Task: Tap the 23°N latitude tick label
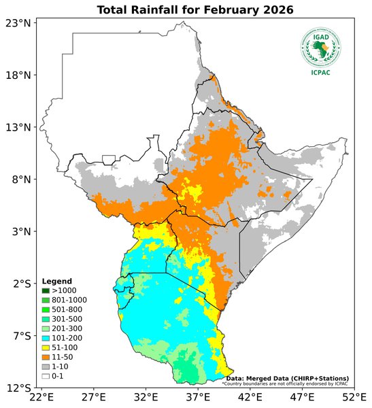pyautogui.click(x=18, y=23)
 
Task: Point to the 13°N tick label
pyautogui.click(x=18, y=127)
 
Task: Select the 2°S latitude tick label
pyautogui.click(x=20, y=284)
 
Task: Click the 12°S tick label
pyautogui.click(x=18, y=388)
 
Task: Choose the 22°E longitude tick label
pyautogui.click(x=41, y=397)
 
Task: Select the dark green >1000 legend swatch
pyautogui.click(x=46, y=290)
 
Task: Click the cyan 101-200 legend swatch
pyautogui.click(x=46, y=337)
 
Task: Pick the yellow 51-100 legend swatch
pyautogui.click(x=46, y=347)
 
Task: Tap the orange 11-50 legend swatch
pyautogui.click(x=46, y=356)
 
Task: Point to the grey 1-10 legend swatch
pyautogui.click(x=46, y=366)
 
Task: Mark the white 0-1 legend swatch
pyautogui.click(x=46, y=375)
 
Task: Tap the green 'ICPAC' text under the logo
pyautogui.click(x=321, y=73)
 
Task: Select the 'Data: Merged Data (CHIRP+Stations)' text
pyautogui.click(x=287, y=378)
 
